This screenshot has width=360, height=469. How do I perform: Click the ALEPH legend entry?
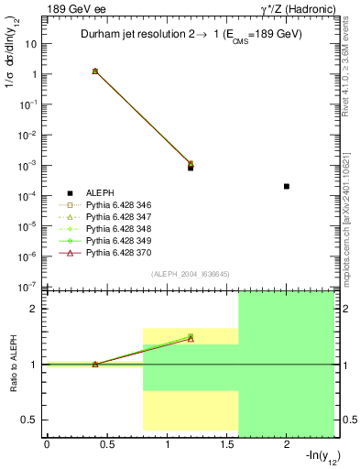101,193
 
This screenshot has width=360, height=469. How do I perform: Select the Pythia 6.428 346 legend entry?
115,207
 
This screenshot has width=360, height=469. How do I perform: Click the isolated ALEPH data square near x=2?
287,186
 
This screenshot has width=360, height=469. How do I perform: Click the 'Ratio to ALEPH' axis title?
14,364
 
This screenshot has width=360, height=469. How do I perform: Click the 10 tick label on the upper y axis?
31,44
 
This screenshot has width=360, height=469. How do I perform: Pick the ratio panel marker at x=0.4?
94,364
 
